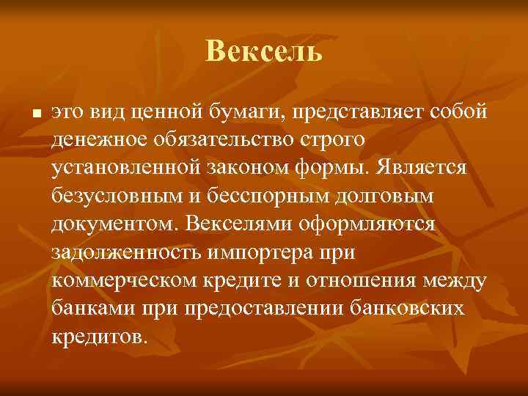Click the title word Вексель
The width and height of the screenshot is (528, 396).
[263, 51]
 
